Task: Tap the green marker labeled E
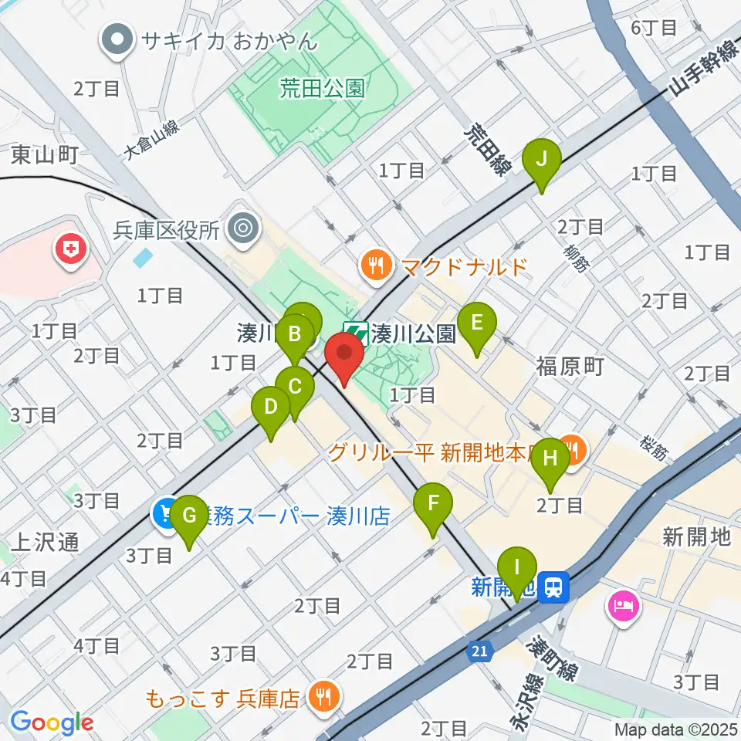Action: [x=476, y=321]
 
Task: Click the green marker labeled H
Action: [x=550, y=458]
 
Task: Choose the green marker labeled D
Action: [x=271, y=407]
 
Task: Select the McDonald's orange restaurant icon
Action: [x=376, y=267]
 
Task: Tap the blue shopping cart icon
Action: [x=166, y=513]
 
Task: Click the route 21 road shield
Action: [x=480, y=652]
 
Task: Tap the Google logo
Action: [x=52, y=722]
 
